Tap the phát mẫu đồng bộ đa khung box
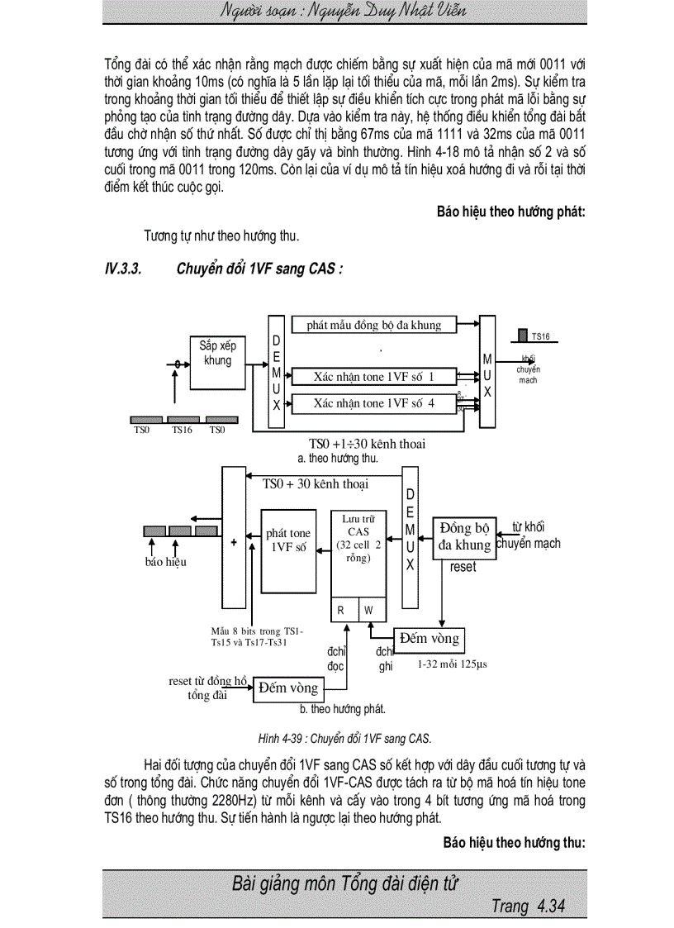[x=374, y=326]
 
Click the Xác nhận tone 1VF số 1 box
[x=374, y=377]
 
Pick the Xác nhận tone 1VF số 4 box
[x=374, y=403]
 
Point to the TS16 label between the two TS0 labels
[x=183, y=430]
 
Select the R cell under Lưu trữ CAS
[x=341, y=610]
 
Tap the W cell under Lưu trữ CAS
[x=369, y=610]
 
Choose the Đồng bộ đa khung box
[x=464, y=536]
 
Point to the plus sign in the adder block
[x=234, y=543]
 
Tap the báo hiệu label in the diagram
[x=165, y=562]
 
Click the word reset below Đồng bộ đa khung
[x=463, y=568]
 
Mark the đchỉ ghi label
[x=385, y=659]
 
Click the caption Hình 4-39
[x=344, y=738]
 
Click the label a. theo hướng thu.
[x=338, y=458]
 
